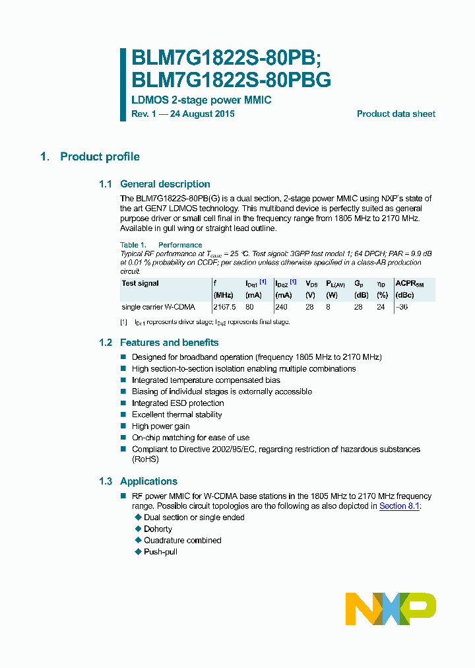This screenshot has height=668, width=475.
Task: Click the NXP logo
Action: [x=391, y=608]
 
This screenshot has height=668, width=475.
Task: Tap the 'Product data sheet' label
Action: [x=396, y=114]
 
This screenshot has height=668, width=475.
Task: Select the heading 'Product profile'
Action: [x=100, y=156]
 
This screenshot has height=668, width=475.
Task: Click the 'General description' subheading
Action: [x=165, y=184]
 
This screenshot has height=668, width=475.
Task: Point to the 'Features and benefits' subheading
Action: [x=169, y=343]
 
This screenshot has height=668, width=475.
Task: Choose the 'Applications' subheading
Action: [x=148, y=481]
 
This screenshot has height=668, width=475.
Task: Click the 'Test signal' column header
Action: [x=141, y=283]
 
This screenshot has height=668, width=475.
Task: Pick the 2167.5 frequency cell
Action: [x=224, y=307]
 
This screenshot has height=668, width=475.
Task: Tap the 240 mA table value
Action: [x=282, y=307]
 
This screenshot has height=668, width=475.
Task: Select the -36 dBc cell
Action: [x=401, y=307]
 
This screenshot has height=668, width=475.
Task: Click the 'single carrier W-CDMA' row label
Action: [x=158, y=307]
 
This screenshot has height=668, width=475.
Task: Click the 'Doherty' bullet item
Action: [x=158, y=529]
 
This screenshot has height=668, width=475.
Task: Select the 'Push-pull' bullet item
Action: [x=160, y=551]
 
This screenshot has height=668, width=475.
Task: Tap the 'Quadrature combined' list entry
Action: [x=182, y=540]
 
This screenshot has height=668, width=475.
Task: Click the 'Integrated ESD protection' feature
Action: [x=177, y=403]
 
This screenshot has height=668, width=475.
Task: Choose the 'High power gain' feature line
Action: [x=160, y=426]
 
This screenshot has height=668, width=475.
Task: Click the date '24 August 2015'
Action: [x=203, y=114]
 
